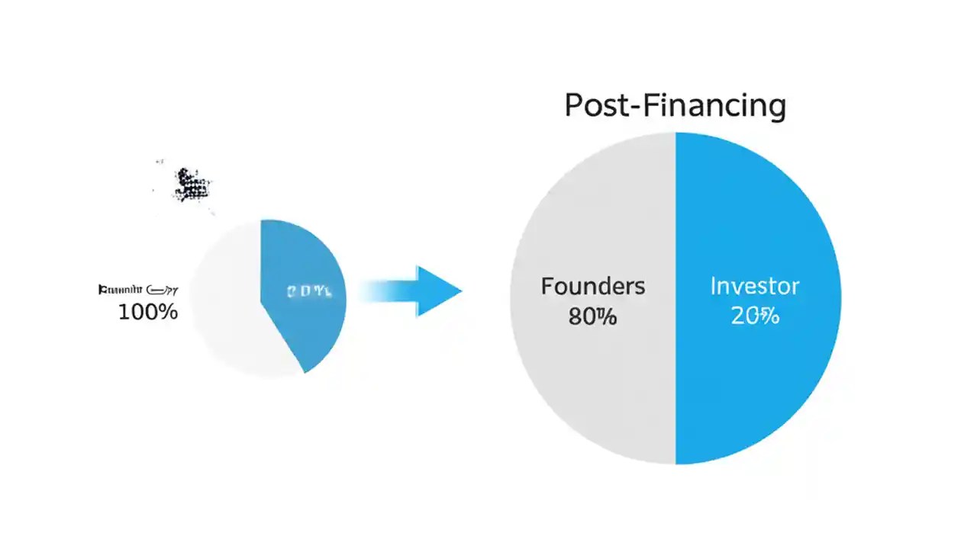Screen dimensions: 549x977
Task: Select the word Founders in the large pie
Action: (x=593, y=287)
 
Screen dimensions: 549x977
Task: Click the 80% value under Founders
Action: (x=592, y=315)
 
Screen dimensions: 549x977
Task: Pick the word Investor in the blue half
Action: (x=755, y=287)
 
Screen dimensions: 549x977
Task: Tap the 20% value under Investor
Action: (x=755, y=315)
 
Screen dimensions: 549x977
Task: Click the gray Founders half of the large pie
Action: (x=595, y=381)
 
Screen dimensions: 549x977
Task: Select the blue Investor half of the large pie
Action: (x=756, y=381)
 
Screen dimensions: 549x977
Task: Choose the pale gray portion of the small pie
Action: (x=225, y=320)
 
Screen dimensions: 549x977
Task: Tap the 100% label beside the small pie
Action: (x=148, y=311)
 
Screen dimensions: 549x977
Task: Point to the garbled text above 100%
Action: (x=137, y=290)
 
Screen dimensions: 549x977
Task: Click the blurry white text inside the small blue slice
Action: (x=309, y=291)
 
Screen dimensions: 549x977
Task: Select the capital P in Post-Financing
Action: (x=573, y=106)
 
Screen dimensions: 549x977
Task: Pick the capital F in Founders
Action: (x=547, y=287)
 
